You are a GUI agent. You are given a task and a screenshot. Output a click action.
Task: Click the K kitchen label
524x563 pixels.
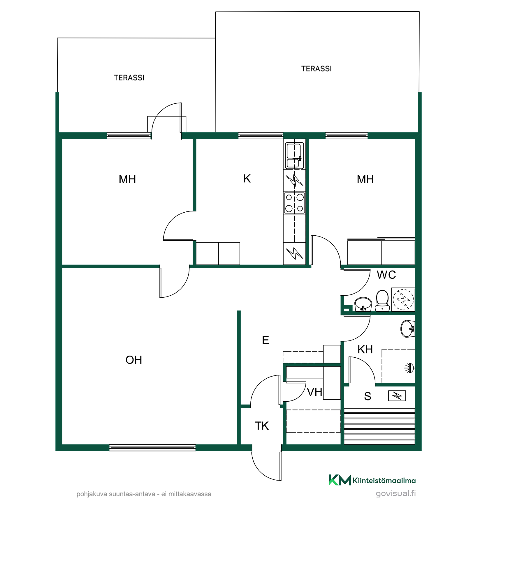(247, 179)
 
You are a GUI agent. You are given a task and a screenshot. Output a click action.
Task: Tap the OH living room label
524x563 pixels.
(134, 360)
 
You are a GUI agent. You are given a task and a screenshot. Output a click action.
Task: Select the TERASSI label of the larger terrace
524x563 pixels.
(316, 69)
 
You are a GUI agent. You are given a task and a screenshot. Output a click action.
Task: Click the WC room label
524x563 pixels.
(386, 275)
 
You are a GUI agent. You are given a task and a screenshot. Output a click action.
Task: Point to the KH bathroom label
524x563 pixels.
(365, 349)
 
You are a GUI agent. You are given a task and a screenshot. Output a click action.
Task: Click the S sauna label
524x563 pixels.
(368, 396)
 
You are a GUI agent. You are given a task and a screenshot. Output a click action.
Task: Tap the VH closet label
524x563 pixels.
(315, 392)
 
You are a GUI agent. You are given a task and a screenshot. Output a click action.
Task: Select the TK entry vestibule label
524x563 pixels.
(262, 426)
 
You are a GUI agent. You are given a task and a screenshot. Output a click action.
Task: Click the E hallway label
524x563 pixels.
(265, 340)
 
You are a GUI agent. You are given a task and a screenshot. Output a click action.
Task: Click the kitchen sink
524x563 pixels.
(295, 155)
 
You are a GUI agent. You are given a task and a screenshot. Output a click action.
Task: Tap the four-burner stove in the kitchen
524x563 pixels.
(295, 203)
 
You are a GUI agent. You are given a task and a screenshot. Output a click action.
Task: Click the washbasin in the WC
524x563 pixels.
(363, 304)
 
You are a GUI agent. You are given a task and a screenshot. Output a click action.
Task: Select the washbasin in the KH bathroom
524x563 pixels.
(408, 329)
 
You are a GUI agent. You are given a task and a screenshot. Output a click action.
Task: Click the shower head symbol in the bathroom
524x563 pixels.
(409, 368)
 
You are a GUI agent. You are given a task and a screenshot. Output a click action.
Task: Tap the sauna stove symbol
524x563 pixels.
(397, 396)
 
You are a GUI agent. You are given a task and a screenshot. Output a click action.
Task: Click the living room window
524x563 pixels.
(152, 448)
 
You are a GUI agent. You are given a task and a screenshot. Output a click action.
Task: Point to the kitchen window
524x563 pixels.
(261, 135)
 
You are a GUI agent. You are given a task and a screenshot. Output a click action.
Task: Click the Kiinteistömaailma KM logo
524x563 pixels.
(372, 480)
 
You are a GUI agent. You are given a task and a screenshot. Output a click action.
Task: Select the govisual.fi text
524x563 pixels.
(396, 493)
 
